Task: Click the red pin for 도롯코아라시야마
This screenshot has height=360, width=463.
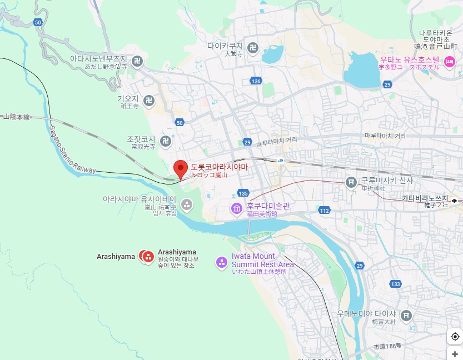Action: (180, 167)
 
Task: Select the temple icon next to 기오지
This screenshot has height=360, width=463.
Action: (148, 100)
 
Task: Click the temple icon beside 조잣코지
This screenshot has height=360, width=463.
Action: (165, 141)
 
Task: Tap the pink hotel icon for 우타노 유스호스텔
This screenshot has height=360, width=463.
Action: (449, 61)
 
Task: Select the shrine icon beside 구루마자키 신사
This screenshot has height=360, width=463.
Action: (351, 182)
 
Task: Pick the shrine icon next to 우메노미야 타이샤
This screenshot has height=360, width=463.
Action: (406, 315)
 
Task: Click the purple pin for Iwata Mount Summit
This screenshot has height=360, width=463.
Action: (222, 261)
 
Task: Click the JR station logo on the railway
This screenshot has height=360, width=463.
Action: (281, 161)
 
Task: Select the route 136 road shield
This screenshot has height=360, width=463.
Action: (256, 82)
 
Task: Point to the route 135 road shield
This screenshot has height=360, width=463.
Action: (243, 193)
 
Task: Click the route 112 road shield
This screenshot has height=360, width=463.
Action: (325, 211)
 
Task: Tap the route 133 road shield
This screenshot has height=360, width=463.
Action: (395, 284)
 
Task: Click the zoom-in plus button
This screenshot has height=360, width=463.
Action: (455, 354)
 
